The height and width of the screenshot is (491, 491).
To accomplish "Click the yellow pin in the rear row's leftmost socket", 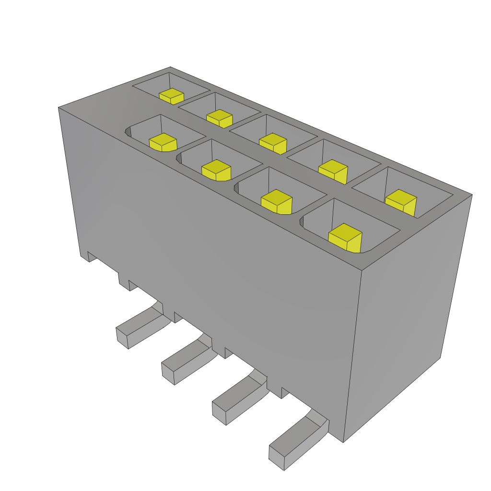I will click(171, 96).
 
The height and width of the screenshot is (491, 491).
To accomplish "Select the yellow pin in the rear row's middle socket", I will click(273, 142).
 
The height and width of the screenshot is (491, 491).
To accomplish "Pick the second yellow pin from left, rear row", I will click(220, 118).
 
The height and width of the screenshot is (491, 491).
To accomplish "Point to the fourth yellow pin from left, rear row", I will click(333, 171).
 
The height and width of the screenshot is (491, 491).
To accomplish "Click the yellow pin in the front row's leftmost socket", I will click(163, 142).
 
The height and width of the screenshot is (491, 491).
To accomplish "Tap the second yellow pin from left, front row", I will click(216, 170).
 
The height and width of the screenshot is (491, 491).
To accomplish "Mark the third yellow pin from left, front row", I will click(277, 201).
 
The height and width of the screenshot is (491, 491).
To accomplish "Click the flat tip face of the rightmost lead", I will click(277, 458).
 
